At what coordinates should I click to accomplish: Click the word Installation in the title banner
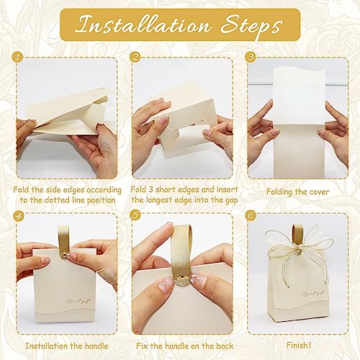(143, 24)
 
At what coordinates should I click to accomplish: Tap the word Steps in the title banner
(251, 26)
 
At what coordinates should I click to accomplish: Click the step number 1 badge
(17, 58)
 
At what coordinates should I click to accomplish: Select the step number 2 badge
(135, 57)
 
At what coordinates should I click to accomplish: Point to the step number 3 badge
(251, 57)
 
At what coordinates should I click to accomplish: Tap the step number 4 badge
(18, 215)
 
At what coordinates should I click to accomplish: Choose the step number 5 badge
(135, 215)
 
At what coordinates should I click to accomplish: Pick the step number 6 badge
(251, 215)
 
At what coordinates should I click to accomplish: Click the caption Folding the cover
(297, 192)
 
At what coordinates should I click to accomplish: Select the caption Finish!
(299, 346)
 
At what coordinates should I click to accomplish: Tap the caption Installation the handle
(67, 346)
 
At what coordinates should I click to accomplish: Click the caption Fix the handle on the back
(184, 346)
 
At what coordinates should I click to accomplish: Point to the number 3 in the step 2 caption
(150, 189)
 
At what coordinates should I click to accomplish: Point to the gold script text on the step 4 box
(78, 302)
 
